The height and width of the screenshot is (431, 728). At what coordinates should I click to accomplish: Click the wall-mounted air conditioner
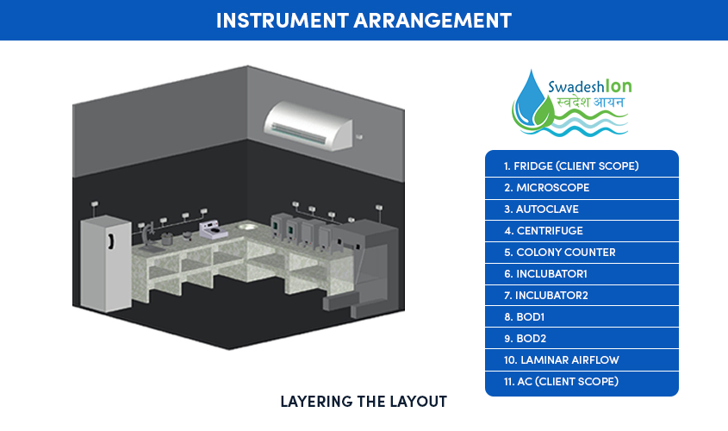(308, 125)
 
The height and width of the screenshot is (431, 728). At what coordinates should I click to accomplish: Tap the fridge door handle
(110, 240)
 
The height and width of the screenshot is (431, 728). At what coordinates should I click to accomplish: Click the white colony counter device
(213, 229)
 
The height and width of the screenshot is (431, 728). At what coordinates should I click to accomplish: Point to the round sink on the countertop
(246, 227)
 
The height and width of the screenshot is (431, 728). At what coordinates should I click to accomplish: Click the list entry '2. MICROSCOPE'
(546, 188)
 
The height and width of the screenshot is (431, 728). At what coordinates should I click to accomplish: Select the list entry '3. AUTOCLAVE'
(541, 209)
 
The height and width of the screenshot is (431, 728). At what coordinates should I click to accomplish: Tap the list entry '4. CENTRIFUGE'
(544, 231)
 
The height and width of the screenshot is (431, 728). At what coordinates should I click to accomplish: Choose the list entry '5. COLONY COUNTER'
(559, 253)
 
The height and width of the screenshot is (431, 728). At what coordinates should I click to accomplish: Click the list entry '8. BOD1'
(524, 316)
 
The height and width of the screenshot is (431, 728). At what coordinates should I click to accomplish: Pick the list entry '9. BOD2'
(525, 339)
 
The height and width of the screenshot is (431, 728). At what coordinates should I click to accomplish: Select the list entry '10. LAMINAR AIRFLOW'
(562, 360)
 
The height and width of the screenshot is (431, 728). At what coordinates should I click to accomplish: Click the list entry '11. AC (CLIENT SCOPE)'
(561, 381)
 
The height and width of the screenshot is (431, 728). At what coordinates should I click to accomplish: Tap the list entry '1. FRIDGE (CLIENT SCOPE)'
(571, 166)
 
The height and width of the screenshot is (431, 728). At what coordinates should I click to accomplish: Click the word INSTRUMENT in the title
(283, 21)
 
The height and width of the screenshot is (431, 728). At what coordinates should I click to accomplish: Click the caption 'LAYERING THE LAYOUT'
(364, 402)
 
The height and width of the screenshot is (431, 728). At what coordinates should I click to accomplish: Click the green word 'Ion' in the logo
(619, 86)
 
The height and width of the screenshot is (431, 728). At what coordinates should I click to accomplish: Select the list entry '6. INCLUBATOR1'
(545, 274)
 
